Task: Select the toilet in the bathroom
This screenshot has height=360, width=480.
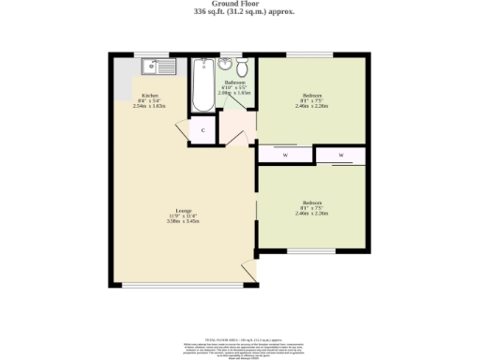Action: [242, 67]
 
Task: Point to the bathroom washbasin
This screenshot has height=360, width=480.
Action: [225, 65]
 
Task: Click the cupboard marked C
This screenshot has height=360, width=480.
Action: [202, 131]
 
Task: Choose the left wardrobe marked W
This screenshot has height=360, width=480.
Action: [285, 155]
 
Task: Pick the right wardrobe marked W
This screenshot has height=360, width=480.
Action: [341, 155]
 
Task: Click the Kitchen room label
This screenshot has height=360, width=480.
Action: [149, 97]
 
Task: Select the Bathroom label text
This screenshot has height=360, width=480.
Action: [234, 83]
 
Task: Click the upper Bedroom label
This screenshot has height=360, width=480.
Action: [312, 97]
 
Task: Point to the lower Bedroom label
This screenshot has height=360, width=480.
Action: [312, 206]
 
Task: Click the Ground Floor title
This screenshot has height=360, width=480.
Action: [239, 4]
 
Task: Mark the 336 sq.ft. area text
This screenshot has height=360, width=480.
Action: [239, 12]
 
